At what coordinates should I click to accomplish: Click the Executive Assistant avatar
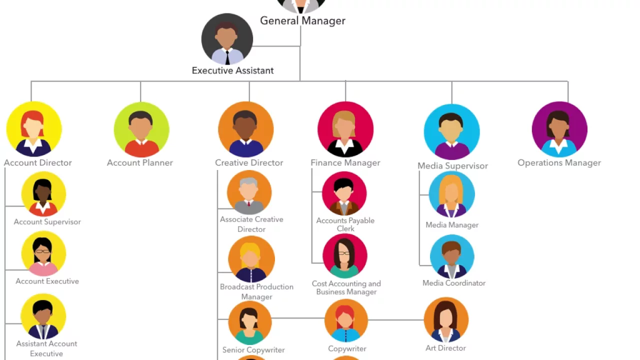coord(227,39)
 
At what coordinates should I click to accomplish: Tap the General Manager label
coord(302,21)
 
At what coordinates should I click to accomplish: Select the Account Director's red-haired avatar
coord(34,129)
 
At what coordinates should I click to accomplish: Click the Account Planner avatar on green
coord(141,129)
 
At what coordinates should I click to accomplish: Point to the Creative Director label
coord(249,162)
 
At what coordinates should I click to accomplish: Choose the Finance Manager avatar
coord(345,129)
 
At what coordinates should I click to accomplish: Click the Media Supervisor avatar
coord(451,131)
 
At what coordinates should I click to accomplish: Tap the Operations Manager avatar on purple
coord(559,129)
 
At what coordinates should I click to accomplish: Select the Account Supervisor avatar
coord(43,194)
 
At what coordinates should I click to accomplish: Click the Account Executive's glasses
coord(43,251)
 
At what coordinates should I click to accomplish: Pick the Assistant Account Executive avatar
coord(43,316)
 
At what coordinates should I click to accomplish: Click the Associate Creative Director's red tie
coord(248,203)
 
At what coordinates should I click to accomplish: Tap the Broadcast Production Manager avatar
coord(251,259)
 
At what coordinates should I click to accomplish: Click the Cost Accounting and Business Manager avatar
coord(345,256)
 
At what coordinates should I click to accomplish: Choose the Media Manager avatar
coord(451,194)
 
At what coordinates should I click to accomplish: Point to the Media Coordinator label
coord(454,283)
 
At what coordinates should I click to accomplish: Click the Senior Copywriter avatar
coord(249,323)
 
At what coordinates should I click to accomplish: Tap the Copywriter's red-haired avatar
coord(346,320)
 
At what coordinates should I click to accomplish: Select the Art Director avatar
coord(446,320)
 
